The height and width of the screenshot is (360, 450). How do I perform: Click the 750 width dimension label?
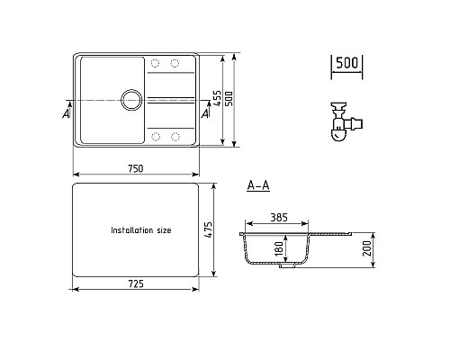[136, 168]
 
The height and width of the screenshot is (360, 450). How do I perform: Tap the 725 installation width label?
[136, 283]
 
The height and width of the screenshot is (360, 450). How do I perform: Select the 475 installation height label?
[208, 229]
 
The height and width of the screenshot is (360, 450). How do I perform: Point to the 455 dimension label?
[217, 98]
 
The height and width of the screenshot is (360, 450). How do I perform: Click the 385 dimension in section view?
[279, 217]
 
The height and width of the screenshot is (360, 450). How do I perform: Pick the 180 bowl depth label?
[279, 248]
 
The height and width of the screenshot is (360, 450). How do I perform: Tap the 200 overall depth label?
[366, 248]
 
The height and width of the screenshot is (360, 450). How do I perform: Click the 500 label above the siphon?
[346, 63]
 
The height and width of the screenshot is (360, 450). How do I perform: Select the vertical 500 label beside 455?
[229, 98]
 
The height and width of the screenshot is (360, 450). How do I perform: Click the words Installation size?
[141, 230]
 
